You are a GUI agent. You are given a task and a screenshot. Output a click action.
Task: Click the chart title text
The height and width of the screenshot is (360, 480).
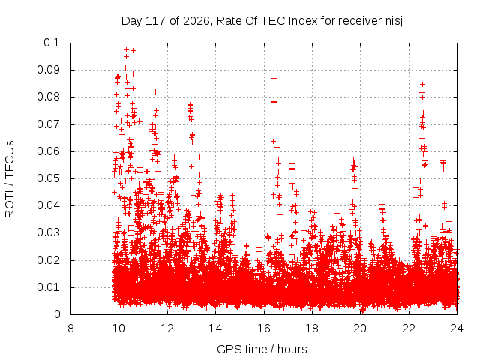(262, 21)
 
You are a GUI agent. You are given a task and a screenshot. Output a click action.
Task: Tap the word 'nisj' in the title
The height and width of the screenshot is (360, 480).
(394, 22)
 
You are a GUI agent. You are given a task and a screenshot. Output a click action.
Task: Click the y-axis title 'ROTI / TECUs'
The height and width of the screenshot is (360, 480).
(10, 179)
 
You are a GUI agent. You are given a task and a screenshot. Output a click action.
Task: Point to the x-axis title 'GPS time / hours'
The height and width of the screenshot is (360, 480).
(262, 349)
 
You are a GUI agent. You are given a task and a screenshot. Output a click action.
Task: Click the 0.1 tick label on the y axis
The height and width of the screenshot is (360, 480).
(52, 43)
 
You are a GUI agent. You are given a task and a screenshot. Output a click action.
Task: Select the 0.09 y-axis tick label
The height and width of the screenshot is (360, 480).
(48, 70)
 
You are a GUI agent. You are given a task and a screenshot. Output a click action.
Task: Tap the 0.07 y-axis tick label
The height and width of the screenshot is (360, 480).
(48, 124)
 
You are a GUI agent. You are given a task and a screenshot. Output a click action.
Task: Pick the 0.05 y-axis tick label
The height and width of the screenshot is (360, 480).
(48, 178)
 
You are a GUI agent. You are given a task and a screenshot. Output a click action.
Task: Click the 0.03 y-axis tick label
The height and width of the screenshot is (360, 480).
(48, 232)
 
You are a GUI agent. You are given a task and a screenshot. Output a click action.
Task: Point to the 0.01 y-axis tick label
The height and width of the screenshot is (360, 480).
(48, 287)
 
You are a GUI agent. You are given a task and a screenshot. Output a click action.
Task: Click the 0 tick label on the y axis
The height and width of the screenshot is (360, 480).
(57, 314)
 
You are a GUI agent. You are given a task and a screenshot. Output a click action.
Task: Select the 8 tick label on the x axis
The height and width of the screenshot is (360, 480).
(70, 328)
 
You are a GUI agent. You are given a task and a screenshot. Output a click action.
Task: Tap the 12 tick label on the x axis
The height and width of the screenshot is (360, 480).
(167, 328)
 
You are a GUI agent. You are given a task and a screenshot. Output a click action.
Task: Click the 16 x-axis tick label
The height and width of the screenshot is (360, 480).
(264, 328)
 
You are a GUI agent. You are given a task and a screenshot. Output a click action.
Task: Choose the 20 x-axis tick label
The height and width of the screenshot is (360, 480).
(360, 328)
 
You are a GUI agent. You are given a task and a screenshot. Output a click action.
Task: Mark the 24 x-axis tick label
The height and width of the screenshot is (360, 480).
(457, 328)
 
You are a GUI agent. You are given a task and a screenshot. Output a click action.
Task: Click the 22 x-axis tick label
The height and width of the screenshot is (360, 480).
(409, 328)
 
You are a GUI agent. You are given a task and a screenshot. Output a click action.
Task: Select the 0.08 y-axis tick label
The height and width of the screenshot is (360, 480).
(48, 97)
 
